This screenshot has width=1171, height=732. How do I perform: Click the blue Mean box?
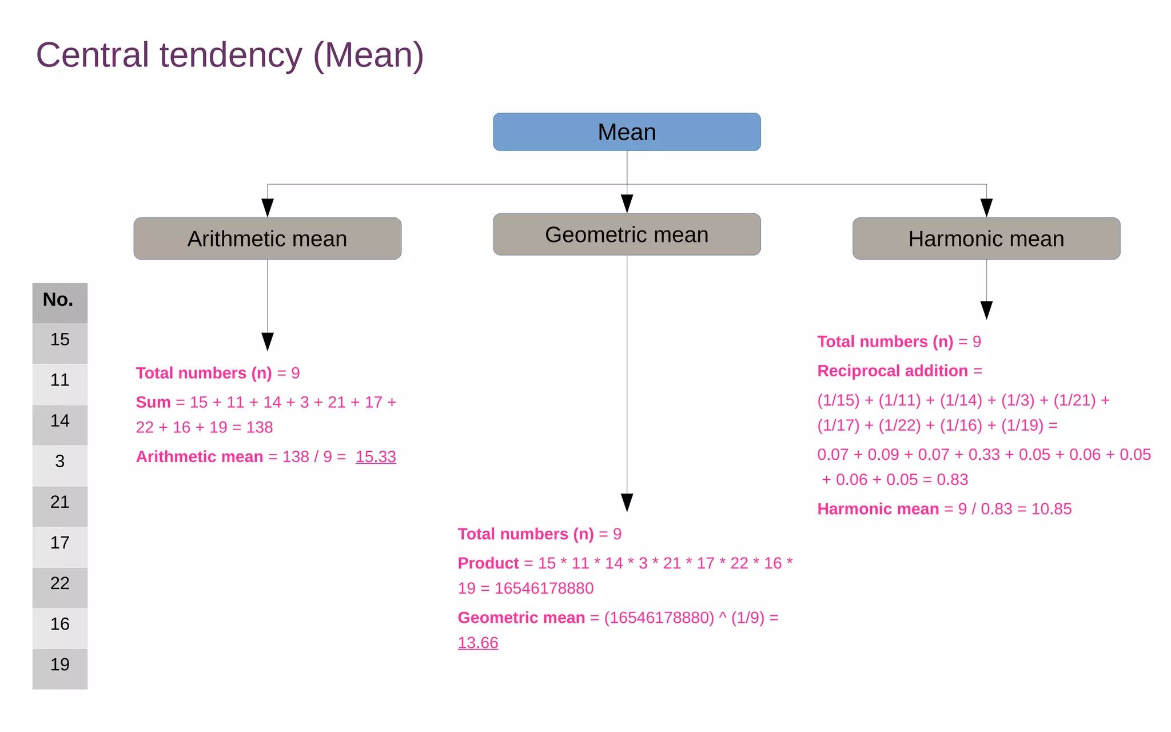627,132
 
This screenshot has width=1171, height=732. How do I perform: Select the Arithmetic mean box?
267,238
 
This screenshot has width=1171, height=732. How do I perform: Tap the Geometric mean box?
627,234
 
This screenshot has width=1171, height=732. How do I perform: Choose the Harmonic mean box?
986,238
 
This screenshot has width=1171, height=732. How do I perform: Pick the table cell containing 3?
59,462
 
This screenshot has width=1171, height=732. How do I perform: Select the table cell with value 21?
59,502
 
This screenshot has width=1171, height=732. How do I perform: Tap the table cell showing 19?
59,665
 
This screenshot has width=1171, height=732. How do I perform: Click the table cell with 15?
59,340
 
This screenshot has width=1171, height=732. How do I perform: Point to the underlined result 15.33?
376,456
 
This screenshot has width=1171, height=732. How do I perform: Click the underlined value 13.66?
478,643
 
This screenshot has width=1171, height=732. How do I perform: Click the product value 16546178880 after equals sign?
544,588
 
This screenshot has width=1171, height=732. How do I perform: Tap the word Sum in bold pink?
153,402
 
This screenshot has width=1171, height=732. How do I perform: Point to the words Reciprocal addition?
892,371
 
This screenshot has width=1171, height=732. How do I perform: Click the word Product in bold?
488,563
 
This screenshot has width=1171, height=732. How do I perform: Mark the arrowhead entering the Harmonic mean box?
986,208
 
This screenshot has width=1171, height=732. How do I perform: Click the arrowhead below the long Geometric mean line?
627,502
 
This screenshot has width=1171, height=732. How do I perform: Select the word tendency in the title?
230,55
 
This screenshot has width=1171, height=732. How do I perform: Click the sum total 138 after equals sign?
260,427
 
